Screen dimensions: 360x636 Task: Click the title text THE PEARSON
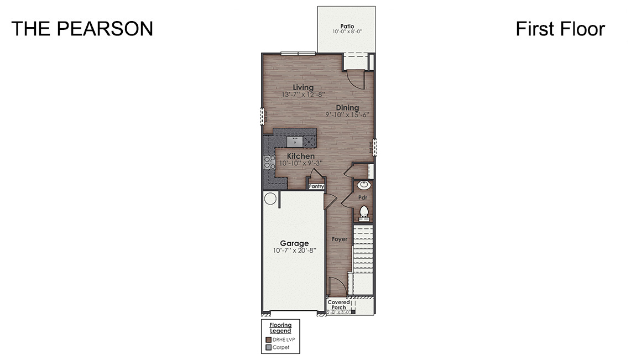pyautogui.click(x=82, y=29)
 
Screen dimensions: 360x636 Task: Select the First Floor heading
pyautogui.click(x=560, y=29)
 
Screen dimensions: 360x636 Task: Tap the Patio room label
pyautogui.click(x=347, y=25)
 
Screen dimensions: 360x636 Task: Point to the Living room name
pyautogui.click(x=303, y=87)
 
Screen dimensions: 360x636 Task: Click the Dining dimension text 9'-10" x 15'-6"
pyautogui.click(x=347, y=115)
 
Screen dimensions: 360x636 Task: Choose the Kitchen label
pyautogui.click(x=300, y=156)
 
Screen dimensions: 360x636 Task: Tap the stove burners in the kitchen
pyautogui.click(x=270, y=162)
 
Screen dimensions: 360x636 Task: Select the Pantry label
pyautogui.click(x=316, y=187)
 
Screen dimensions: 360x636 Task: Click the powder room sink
pyautogui.click(x=364, y=185)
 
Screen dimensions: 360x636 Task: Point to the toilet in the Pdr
pyautogui.click(x=364, y=211)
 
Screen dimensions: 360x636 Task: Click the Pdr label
pyautogui.click(x=363, y=197)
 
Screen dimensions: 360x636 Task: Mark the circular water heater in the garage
pyautogui.click(x=270, y=199)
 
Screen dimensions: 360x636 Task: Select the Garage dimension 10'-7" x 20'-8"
pyautogui.click(x=294, y=251)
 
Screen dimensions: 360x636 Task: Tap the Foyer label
pyautogui.click(x=339, y=239)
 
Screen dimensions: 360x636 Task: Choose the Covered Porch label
pyautogui.click(x=338, y=305)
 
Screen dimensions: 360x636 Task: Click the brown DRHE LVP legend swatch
pyautogui.click(x=268, y=340)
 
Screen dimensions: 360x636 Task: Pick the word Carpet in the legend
pyautogui.click(x=281, y=348)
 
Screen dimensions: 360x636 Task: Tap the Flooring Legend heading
pyautogui.click(x=280, y=328)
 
